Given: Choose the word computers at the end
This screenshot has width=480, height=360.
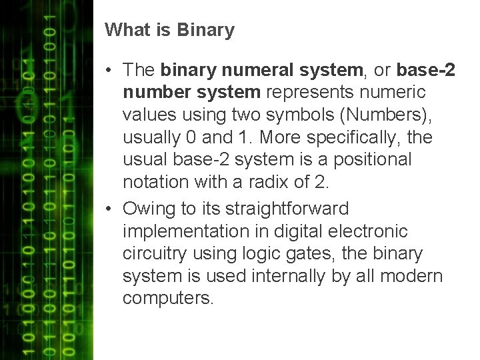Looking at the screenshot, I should point(167,299).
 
